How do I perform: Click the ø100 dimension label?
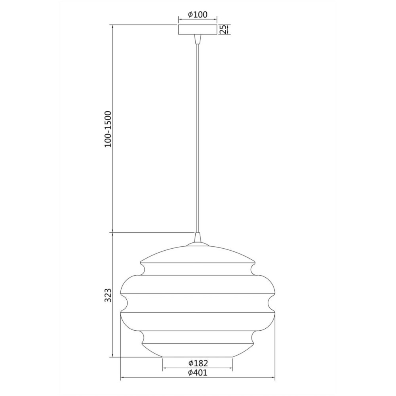198,15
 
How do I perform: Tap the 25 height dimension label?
223,30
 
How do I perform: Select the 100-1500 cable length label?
108,129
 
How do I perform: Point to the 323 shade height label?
108,295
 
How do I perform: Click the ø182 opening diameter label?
198,363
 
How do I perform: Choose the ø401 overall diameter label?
198,373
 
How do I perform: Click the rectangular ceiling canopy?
198,30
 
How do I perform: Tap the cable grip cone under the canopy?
198,39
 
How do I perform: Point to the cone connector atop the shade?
198,237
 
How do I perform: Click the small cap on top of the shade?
198,244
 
